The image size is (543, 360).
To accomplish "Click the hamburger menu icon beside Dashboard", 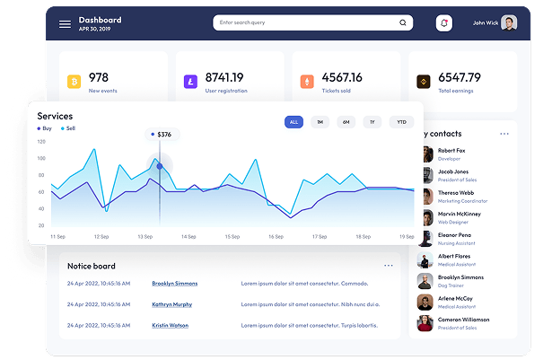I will click(65, 24).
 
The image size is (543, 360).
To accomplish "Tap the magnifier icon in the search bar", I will click(403, 23).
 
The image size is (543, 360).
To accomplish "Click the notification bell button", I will click(443, 23).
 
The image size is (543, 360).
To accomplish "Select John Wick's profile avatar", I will click(509, 23).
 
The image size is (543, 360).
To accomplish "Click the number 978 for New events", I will click(99, 77).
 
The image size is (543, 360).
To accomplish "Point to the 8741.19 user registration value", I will click(224, 77).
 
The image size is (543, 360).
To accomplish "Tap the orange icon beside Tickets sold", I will click(307, 83).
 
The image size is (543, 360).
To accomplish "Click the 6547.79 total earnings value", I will click(460, 77).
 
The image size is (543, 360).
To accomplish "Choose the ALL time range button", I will click(293, 122).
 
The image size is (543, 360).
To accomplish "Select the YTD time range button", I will click(401, 122).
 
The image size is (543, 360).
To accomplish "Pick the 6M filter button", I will click(346, 122).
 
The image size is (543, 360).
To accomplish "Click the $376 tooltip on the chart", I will click(162, 135).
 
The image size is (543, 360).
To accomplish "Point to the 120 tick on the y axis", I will click(41, 141).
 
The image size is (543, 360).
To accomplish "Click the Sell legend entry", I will click(68, 128).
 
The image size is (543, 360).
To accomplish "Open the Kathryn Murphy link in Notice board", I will click(171, 304).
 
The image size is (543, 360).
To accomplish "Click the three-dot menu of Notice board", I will click(389, 266).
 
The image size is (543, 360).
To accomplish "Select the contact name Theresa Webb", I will click(457, 192).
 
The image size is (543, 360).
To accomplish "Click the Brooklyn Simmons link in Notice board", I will click(174, 284).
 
